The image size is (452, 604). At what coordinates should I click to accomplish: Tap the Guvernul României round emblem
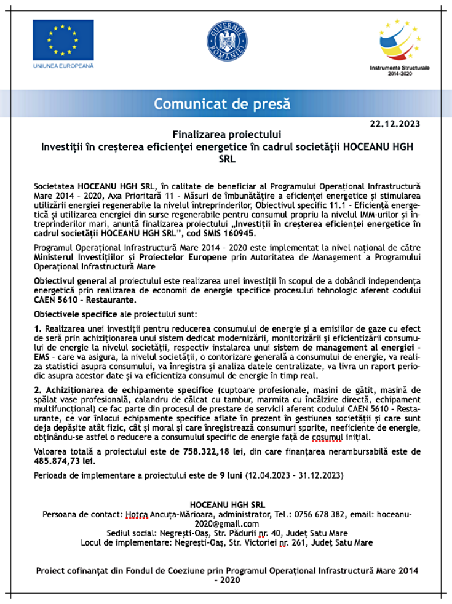226,39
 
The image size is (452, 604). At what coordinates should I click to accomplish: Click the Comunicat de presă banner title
222,103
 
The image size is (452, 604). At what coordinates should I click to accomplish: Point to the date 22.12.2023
395,123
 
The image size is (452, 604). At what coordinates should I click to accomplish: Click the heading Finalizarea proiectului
226,135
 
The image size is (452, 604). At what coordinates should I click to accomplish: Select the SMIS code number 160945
234,234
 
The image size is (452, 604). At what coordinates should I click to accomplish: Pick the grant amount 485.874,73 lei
65,460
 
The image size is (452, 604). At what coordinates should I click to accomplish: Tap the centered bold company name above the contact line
226,505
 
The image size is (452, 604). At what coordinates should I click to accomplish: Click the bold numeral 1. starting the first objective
38,329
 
